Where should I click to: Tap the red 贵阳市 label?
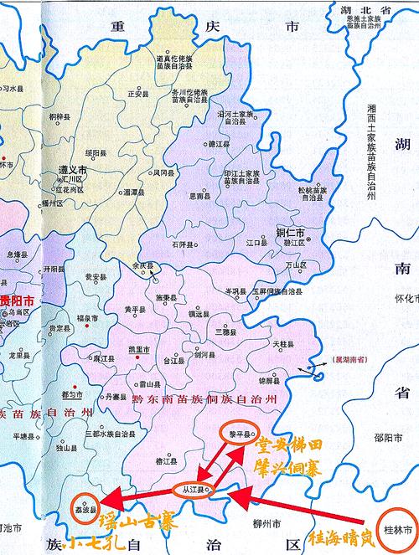point(18,299)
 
